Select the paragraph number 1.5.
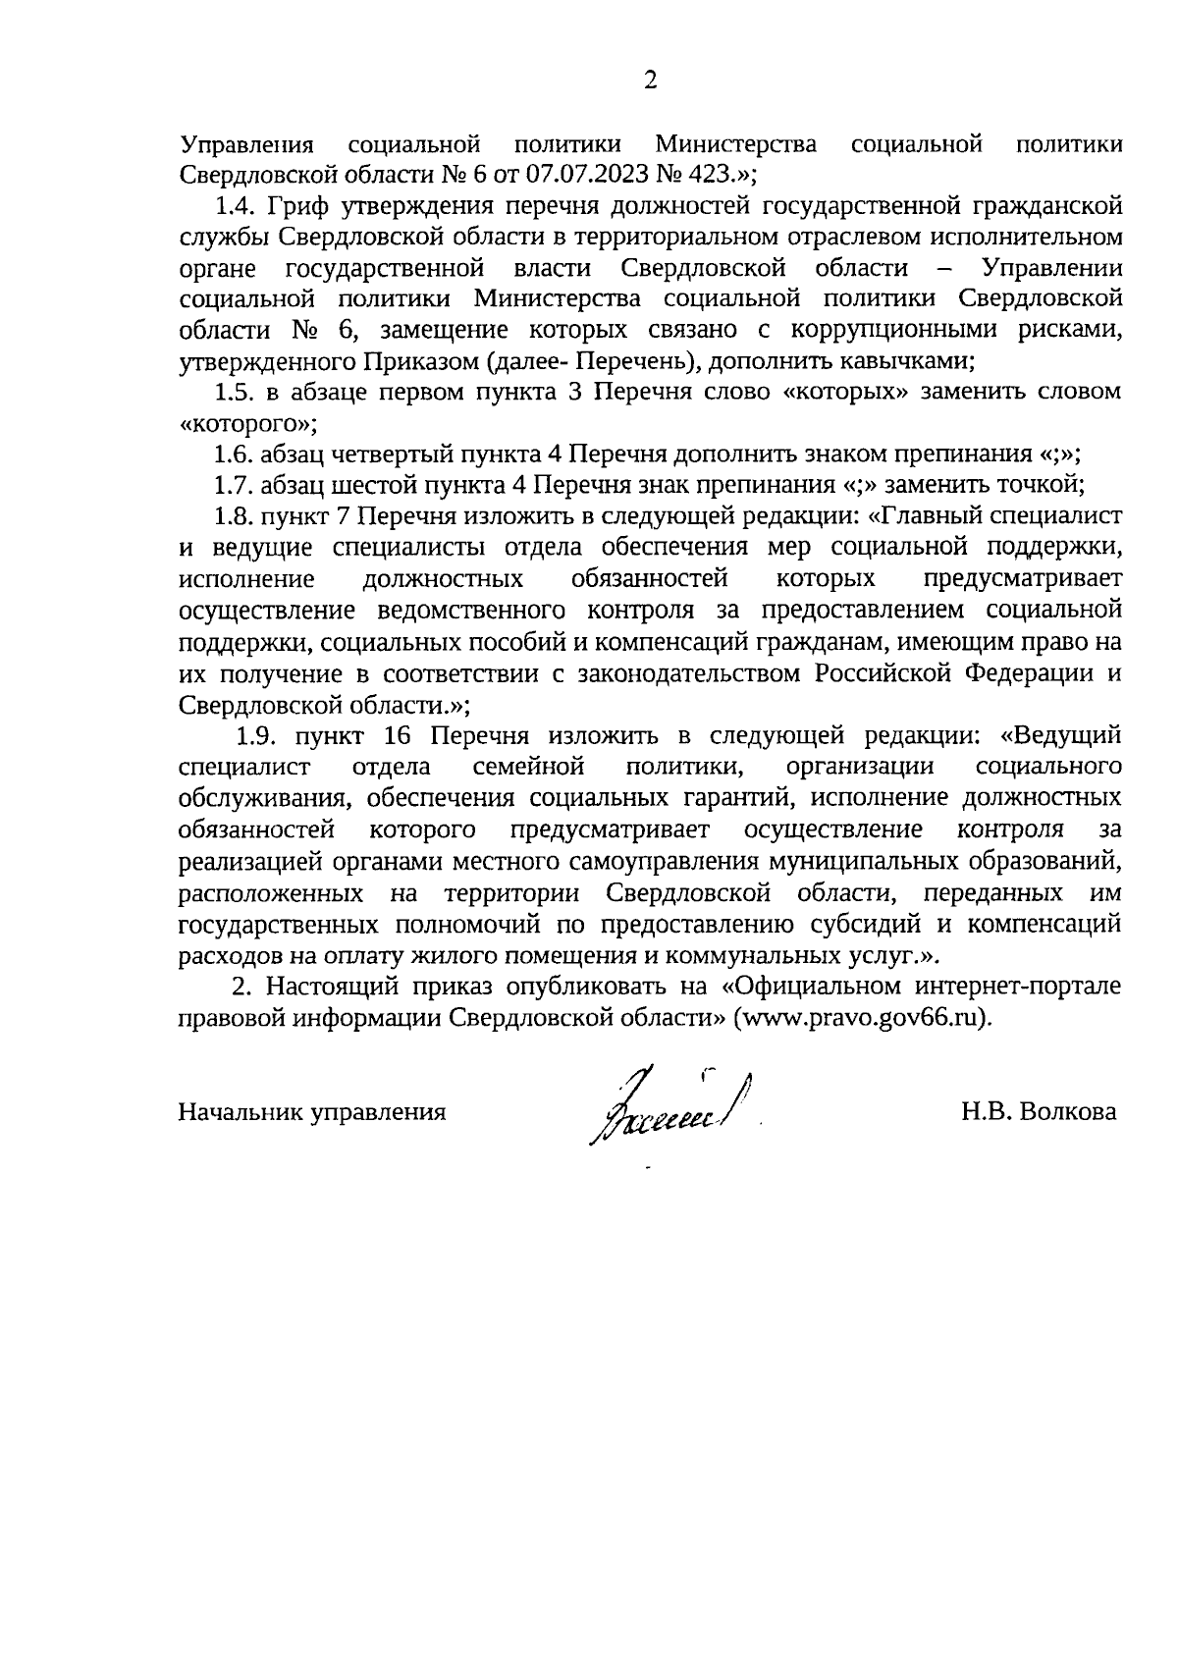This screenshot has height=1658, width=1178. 236,392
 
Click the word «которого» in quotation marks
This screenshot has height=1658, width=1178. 245,423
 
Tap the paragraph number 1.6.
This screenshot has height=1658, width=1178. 236,454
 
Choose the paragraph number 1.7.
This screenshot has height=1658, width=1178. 236,484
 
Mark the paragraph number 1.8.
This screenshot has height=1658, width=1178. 236,515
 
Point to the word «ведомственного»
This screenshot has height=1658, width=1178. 470,610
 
